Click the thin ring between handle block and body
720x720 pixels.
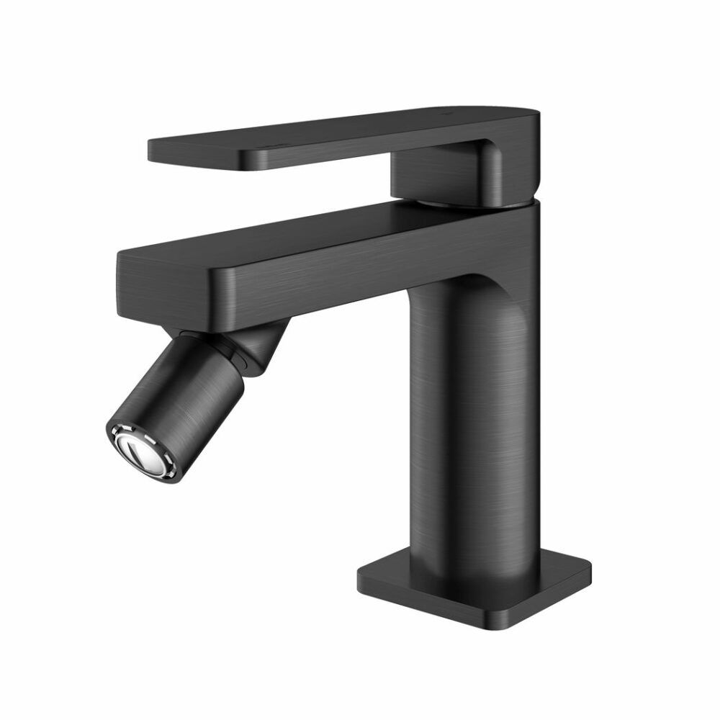(x=461, y=204)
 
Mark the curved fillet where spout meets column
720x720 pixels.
(x=468, y=277)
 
